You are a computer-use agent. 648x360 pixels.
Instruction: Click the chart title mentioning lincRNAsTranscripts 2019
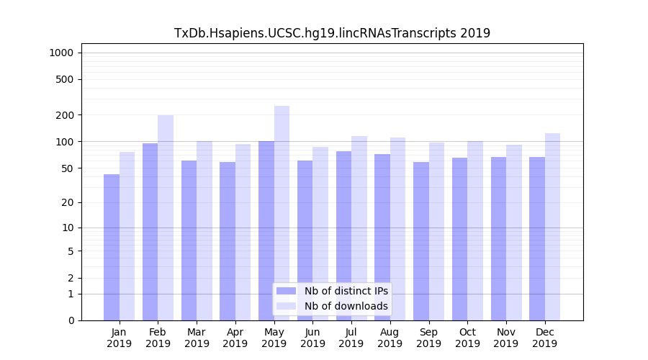(332, 33)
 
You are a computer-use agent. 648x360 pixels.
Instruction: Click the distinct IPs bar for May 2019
(266, 230)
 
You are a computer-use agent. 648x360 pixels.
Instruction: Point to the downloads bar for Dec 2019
(552, 227)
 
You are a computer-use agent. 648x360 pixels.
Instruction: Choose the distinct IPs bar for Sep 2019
(421, 241)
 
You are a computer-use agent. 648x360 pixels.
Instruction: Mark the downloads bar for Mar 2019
(204, 230)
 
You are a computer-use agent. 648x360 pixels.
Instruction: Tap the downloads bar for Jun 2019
(320, 233)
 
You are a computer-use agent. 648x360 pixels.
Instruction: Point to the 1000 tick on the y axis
(61, 53)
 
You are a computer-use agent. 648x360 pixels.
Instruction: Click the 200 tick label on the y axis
(65, 115)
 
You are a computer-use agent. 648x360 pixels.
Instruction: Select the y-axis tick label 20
(68, 202)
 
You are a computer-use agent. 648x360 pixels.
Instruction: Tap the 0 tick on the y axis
(71, 320)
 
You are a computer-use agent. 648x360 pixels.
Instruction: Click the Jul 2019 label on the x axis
(351, 338)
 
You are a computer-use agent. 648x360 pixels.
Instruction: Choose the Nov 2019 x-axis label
(506, 338)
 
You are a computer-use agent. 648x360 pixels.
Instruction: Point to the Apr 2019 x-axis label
(235, 338)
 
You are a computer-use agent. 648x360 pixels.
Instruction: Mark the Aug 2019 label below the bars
(390, 338)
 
